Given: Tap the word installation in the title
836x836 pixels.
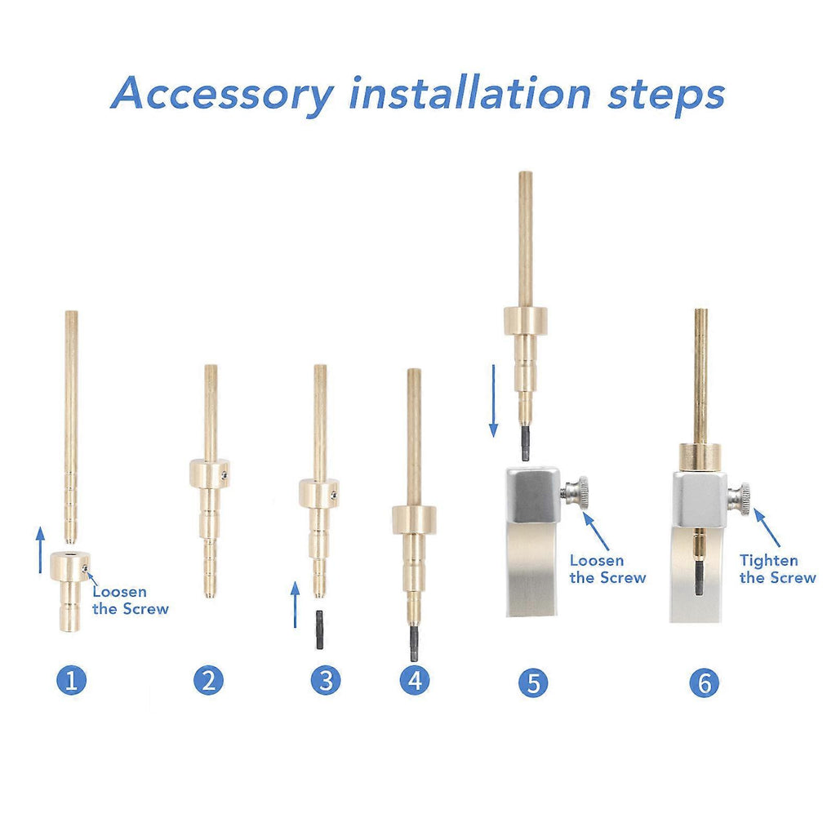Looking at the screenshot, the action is pyautogui.click(x=470, y=92).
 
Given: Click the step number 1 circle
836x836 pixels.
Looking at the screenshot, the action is pyautogui.click(x=71, y=680).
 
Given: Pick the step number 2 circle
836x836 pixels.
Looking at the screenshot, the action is pyautogui.click(x=208, y=680).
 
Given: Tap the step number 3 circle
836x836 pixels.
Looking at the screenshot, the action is pyautogui.click(x=326, y=680).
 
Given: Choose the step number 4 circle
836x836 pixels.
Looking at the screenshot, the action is pyautogui.click(x=415, y=680).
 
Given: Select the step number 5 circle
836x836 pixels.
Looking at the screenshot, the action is pyautogui.click(x=533, y=683).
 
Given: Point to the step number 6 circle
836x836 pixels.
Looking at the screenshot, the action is pyautogui.click(x=705, y=683).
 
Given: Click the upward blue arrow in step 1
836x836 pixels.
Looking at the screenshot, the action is pyautogui.click(x=41, y=549).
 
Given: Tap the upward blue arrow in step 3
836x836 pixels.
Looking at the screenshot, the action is pyautogui.click(x=295, y=605).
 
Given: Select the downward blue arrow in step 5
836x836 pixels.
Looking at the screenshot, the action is pyautogui.click(x=494, y=401).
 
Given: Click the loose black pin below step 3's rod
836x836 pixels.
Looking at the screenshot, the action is pyautogui.click(x=320, y=629).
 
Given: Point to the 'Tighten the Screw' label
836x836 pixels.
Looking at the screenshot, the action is pyautogui.click(x=777, y=569).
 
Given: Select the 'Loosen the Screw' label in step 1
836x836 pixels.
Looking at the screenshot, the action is pyautogui.click(x=130, y=600).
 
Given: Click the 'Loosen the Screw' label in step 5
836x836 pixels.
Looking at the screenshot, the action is pyautogui.click(x=607, y=569).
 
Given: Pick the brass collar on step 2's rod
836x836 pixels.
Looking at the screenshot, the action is pyautogui.click(x=210, y=474).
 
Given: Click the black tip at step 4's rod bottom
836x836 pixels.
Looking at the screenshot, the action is pyautogui.click(x=414, y=643).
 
